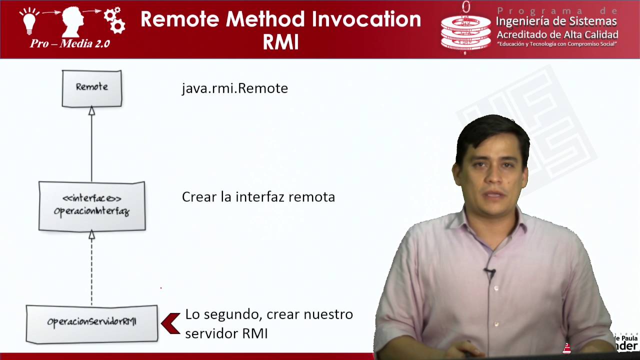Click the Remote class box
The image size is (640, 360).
tap(91, 88)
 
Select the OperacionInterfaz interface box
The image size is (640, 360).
tap(92, 206)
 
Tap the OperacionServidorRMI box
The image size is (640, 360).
tap(91, 323)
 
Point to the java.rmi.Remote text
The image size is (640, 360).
tap(234, 88)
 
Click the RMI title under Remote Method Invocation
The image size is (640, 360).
tap(280, 42)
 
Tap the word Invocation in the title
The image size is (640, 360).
tap(366, 19)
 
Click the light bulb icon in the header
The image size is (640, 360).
tap(29, 20)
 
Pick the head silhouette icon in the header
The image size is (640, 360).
tap(72, 21)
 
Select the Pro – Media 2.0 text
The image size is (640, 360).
tap(69, 43)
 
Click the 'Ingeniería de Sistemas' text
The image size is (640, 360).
tap(556, 21)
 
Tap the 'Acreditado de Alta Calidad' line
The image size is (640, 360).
tap(557, 34)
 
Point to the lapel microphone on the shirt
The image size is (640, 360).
tap(490, 272)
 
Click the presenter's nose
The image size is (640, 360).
tap(492, 179)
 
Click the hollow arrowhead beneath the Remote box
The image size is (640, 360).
tap(91, 111)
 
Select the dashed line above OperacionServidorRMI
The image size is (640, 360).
tap(91, 270)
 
